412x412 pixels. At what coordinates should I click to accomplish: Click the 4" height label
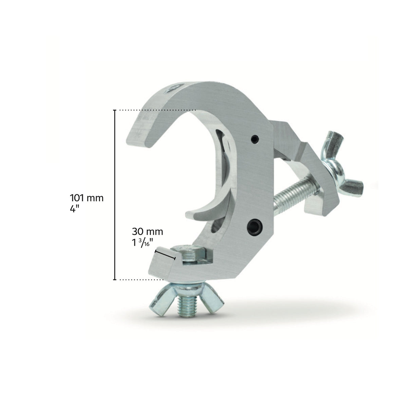click(75, 208)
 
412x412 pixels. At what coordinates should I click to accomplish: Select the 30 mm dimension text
click(147, 232)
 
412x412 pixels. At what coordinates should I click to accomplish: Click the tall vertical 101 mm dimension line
click(115, 195)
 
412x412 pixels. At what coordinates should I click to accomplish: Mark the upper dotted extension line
click(156, 110)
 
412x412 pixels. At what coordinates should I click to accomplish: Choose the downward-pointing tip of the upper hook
click(141, 136)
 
